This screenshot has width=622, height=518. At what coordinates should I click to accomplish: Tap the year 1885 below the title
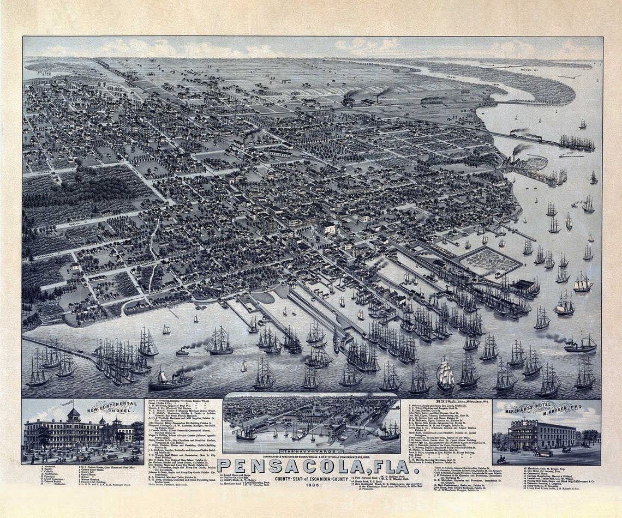point(313,484)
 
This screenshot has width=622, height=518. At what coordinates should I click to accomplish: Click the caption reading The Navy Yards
point(312,451)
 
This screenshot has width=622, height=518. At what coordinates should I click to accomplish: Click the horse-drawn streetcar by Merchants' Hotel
point(542,452)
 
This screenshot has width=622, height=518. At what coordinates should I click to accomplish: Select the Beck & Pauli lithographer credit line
point(448,402)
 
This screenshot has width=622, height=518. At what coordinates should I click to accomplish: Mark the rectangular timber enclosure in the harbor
point(488,261)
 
